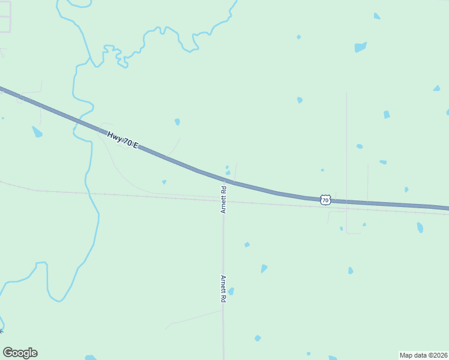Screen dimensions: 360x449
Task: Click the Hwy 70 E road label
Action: (123, 139)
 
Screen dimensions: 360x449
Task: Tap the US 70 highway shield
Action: (325, 200)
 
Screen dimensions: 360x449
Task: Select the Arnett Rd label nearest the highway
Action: (223, 200)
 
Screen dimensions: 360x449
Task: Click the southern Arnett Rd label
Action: (223, 289)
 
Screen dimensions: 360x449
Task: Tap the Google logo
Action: (20, 353)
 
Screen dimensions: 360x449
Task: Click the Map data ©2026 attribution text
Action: (423, 355)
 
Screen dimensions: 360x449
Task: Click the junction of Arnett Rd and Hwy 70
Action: (224, 179)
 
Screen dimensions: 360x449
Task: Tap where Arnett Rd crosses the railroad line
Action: (223, 200)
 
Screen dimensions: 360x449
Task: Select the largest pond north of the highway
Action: (360, 47)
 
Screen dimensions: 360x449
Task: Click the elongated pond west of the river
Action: (37, 131)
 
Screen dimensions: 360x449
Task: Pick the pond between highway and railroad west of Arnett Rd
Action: (164, 182)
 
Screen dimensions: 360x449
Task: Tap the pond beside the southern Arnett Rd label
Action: (231, 292)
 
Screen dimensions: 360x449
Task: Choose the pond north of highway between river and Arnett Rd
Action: (177, 122)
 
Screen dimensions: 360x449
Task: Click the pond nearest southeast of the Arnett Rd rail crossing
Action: (247, 244)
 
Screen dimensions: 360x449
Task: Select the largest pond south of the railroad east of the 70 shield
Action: (420, 227)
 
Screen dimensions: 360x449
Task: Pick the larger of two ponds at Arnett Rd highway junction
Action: (228, 173)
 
